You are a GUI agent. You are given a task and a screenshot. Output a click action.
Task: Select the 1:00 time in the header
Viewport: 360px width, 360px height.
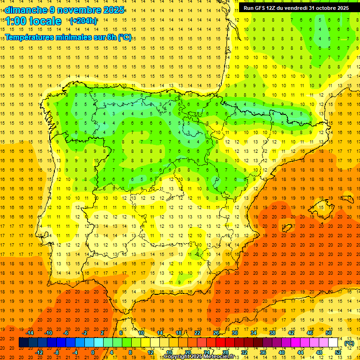pyautogui.click(x=16, y=21)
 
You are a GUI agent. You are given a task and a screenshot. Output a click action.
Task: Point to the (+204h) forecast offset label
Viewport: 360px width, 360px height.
pyautogui.click(x=83, y=21)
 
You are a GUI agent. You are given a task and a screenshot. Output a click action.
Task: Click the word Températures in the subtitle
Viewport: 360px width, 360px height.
pyautogui.click(x=31, y=37)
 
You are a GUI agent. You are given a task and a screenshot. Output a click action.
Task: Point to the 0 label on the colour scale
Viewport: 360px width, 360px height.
pyautogui.click(x=92, y=352)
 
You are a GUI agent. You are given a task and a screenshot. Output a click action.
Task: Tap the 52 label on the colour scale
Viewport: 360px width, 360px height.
pyautogui.click(x=337, y=352)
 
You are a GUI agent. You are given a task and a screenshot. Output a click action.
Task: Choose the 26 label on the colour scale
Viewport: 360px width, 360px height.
pyautogui.click(x=216, y=333)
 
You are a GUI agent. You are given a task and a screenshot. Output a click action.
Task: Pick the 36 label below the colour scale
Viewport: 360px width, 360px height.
pyautogui.click(x=262, y=352)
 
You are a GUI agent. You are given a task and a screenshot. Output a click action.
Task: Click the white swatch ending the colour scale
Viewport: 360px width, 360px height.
pyautogui.click(x=333, y=343)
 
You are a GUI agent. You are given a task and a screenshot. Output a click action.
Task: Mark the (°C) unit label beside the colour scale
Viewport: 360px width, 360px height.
pyautogui.click(x=349, y=343)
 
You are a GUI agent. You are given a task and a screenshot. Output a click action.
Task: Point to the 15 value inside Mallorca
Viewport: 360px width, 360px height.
pyautogui.click(x=321, y=207)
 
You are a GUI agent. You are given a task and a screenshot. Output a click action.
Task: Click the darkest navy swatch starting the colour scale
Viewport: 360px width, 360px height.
pyautogui.click(x=23, y=343)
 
